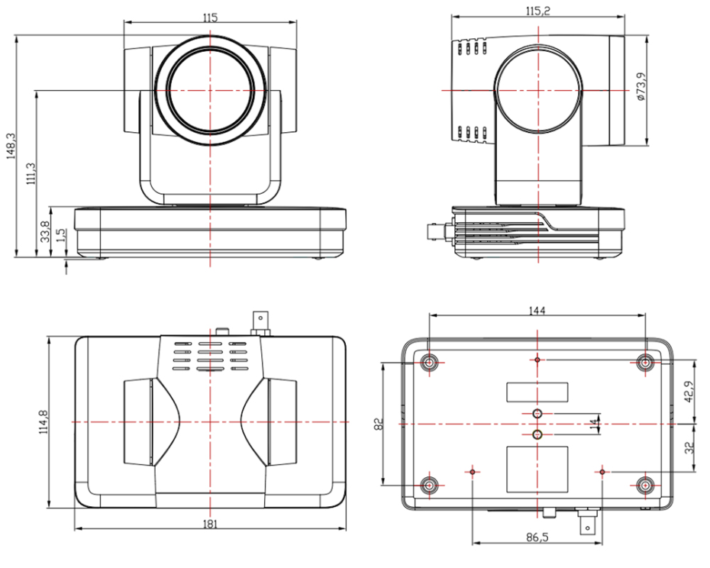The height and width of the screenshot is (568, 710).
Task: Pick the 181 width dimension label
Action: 211,524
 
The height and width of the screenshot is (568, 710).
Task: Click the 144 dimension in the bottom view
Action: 537,310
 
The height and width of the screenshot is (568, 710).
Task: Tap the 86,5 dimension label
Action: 537,537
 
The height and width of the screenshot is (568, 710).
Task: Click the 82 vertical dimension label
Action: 378,422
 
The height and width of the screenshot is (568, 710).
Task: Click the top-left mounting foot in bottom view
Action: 431,361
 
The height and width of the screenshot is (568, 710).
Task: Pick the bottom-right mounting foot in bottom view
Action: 646,484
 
